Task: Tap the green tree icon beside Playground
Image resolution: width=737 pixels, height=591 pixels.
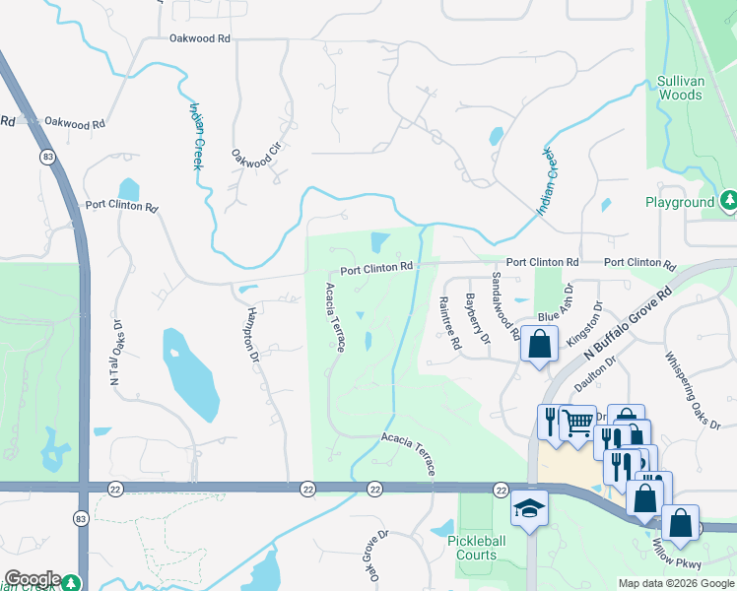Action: (729, 202)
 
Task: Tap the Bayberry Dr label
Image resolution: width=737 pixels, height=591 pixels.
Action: (478, 318)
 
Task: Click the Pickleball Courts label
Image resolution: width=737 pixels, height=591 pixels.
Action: (476, 548)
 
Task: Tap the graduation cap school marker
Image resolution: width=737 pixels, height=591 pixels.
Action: (529, 508)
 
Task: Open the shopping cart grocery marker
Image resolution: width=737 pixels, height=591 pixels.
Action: (576, 423)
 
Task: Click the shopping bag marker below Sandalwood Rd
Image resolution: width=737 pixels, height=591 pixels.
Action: (538, 345)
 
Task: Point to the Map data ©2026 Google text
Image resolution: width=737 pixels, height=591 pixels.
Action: (676, 582)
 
